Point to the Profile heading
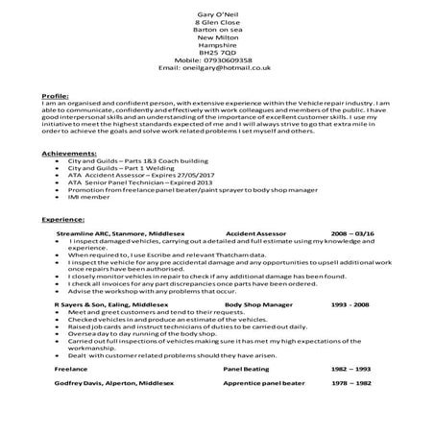coord(56,98)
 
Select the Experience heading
coord(64,248)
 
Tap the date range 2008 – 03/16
coord(353,260)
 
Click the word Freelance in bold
coord(71,395)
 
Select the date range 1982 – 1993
coord(352,395)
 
